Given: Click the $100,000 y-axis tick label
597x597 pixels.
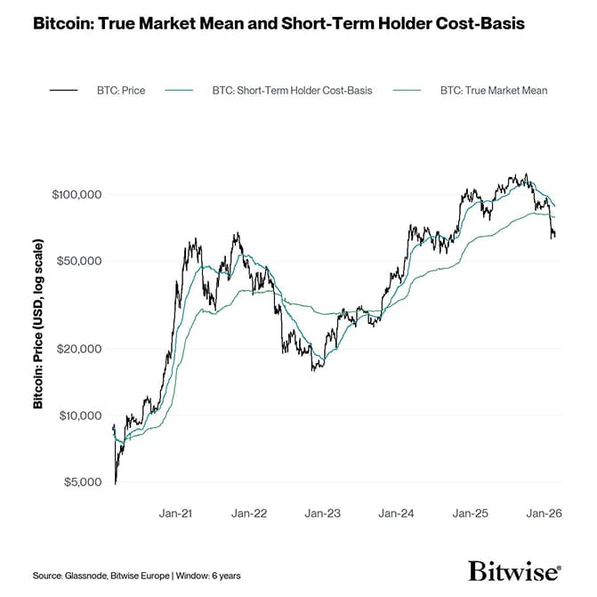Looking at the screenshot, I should [79, 194].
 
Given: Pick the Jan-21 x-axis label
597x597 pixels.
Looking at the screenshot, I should [177, 513].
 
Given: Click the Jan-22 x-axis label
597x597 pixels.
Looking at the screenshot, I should [249, 513].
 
